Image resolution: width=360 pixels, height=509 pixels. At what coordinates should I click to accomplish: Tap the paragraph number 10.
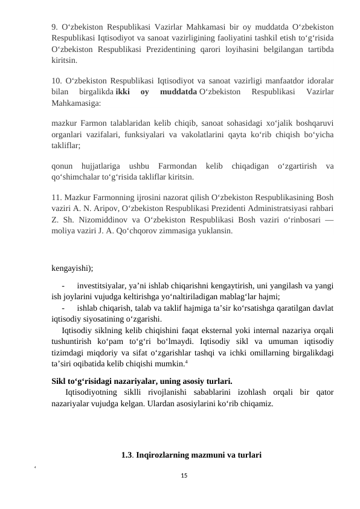[57, 80]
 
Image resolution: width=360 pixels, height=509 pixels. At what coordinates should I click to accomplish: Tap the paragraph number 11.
[57, 197]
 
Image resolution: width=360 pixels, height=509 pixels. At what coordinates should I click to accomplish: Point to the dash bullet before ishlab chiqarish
[63, 308]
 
